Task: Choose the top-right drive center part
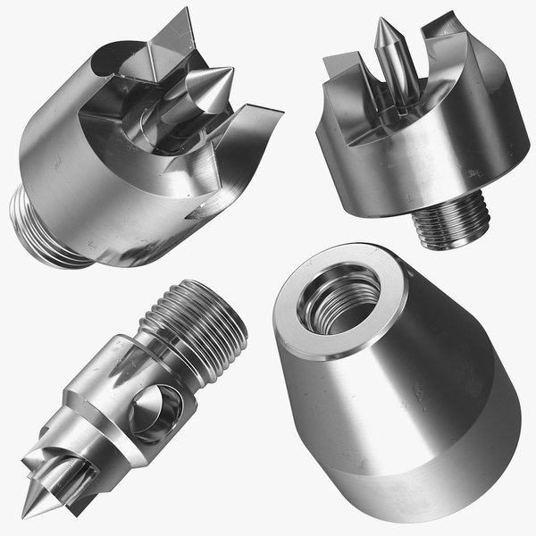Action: click(x=406, y=125)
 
